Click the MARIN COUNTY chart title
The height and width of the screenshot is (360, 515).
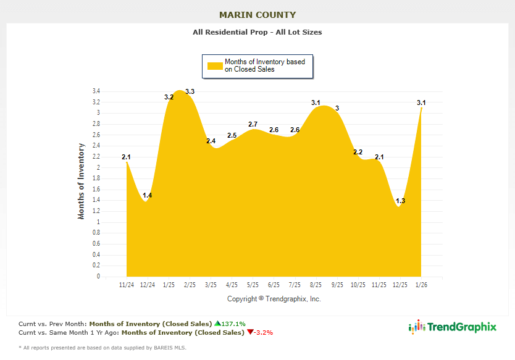pos(257,15)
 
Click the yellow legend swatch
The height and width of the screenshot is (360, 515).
pos(214,65)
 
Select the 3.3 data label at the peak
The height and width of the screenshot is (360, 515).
pos(190,92)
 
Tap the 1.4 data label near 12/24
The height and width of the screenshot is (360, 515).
pos(147,196)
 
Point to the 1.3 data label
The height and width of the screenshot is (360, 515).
pos(400,201)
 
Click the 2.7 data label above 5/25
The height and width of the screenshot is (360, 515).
pos(253,125)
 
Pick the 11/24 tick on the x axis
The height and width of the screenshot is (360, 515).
pos(126,285)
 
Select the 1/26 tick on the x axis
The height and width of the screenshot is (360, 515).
pos(421,285)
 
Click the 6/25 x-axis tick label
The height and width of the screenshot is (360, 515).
pos(274,285)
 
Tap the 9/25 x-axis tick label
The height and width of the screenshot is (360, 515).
pos(337,285)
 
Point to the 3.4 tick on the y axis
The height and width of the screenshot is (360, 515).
pos(96,91)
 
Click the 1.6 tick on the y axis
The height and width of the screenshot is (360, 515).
pos(96,190)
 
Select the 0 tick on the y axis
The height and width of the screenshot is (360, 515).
pos(98,277)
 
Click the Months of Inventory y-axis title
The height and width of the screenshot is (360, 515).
pos(81,182)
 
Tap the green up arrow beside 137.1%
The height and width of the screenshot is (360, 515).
pos(217,323)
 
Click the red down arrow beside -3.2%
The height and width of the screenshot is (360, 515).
pos(249,332)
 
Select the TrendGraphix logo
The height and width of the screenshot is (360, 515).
pos(453,327)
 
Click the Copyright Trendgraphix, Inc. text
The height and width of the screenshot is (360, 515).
pos(274,299)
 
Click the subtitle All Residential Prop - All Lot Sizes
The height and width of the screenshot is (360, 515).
pos(257,32)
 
